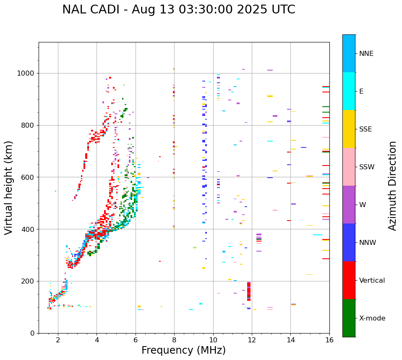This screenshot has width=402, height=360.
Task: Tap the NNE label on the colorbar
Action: [x=366, y=54]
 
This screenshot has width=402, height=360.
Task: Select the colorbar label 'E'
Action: [x=361, y=92]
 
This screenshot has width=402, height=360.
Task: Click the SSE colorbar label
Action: [x=365, y=129]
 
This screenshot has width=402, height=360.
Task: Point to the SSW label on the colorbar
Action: [x=367, y=167]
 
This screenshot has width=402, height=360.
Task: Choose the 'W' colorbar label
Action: [x=362, y=205]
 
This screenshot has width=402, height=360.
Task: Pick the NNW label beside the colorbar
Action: [x=368, y=243]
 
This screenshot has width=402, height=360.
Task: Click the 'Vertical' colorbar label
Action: [x=372, y=281]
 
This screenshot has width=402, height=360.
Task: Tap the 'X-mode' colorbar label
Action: [x=372, y=318]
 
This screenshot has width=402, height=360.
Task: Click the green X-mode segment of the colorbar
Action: [x=349, y=318]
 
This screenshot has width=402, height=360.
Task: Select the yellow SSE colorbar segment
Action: [x=349, y=129]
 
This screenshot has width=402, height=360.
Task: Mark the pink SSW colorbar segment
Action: [x=349, y=167]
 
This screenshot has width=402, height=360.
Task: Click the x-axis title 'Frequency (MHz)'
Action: [x=183, y=350]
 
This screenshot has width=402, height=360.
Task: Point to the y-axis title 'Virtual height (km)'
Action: [x=9, y=188]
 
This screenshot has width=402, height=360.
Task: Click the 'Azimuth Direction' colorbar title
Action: [x=392, y=186]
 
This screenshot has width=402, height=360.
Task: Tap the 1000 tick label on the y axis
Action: [x=26, y=74]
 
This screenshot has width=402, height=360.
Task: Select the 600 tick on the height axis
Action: [x=28, y=177]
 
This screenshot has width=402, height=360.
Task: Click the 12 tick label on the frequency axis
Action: [x=252, y=340]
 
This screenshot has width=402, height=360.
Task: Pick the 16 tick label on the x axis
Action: [x=329, y=340]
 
